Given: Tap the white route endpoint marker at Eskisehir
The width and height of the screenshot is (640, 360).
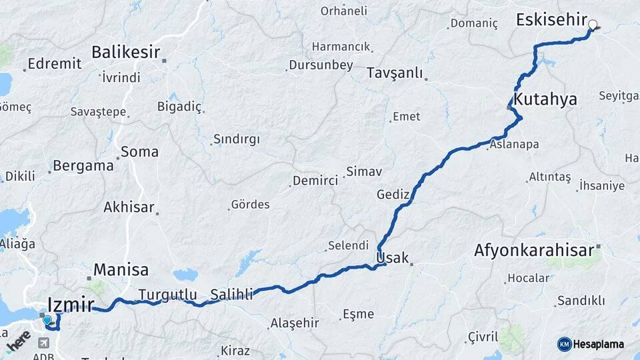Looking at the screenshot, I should tap(593, 25).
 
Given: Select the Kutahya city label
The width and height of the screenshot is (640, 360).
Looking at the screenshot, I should tap(546, 100).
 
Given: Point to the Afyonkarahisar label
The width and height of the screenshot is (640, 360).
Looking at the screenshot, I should tap(534, 251).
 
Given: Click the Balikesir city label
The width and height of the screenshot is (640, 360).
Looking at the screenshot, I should tap(127, 51).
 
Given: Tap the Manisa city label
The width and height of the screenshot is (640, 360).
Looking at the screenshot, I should tap(121, 270).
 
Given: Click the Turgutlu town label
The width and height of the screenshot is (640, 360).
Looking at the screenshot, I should tap(167, 294).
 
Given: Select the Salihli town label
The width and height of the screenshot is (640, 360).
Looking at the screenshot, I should tap(231, 294).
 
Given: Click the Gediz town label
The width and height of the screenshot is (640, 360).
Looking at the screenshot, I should tap(393, 195).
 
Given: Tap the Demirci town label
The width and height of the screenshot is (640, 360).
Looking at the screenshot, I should tap(315, 181).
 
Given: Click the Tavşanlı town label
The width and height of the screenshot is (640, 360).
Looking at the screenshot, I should tap(395, 73).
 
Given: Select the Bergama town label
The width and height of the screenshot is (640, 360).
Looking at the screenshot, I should tap(83, 165).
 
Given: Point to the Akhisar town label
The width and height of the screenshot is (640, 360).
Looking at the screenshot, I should tap(129, 207).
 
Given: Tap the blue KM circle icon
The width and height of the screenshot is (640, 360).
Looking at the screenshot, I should tap(565, 344).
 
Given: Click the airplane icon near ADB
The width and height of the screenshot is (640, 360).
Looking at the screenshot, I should tap(45, 343).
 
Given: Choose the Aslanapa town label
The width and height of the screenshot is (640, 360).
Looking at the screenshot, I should tap(515, 144).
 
